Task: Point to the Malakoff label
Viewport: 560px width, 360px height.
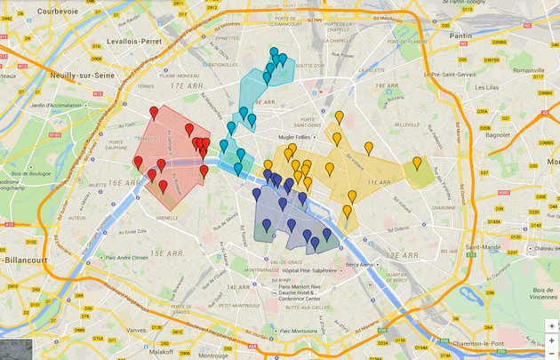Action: point(162,352)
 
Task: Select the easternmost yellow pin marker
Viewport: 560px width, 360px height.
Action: point(417,164)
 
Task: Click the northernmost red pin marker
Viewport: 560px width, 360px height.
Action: point(154,112)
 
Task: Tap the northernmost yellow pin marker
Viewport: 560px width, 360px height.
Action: point(339,116)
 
